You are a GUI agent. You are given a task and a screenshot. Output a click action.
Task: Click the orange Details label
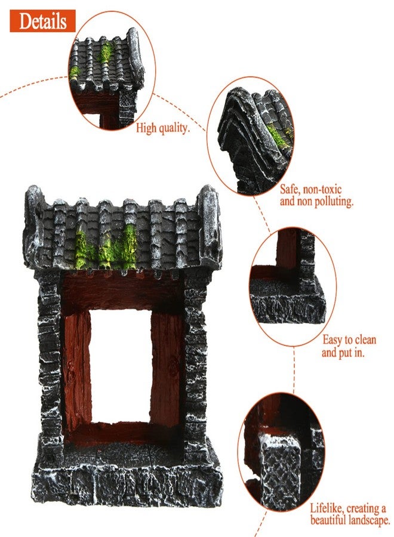coord(42,21)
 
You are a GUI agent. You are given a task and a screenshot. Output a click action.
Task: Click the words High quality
coord(163,128)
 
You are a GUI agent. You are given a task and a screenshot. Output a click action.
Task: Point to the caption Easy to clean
coord(349,340)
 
